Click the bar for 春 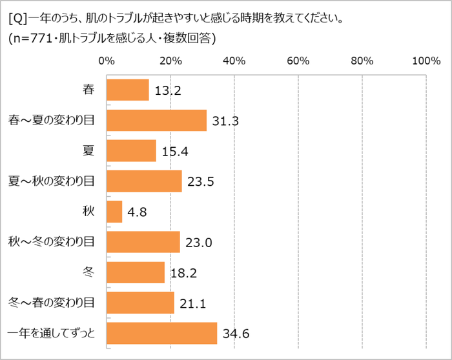127,90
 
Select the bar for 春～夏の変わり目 156,120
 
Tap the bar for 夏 131,150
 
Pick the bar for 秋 114,211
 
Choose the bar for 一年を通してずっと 161,333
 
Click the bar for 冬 136,272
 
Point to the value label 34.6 236,334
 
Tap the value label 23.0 198,243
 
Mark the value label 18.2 183,273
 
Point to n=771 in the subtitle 39,38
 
